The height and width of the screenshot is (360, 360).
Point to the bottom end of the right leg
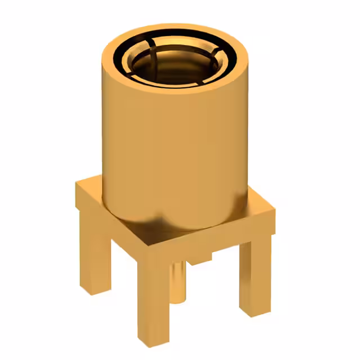254,312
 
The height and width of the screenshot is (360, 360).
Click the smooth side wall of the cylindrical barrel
174,152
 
